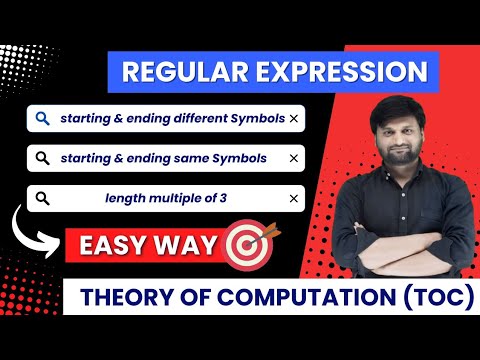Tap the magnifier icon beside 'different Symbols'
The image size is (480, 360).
pos(41,119)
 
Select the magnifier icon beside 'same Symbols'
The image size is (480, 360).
pos(41,158)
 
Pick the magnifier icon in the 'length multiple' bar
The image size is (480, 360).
pos(41,198)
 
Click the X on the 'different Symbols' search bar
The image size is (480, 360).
pos(293,119)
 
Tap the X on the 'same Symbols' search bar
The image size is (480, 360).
pos(293,158)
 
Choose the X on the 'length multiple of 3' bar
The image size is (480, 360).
pos(293,198)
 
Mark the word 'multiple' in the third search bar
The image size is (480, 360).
pos(173,198)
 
